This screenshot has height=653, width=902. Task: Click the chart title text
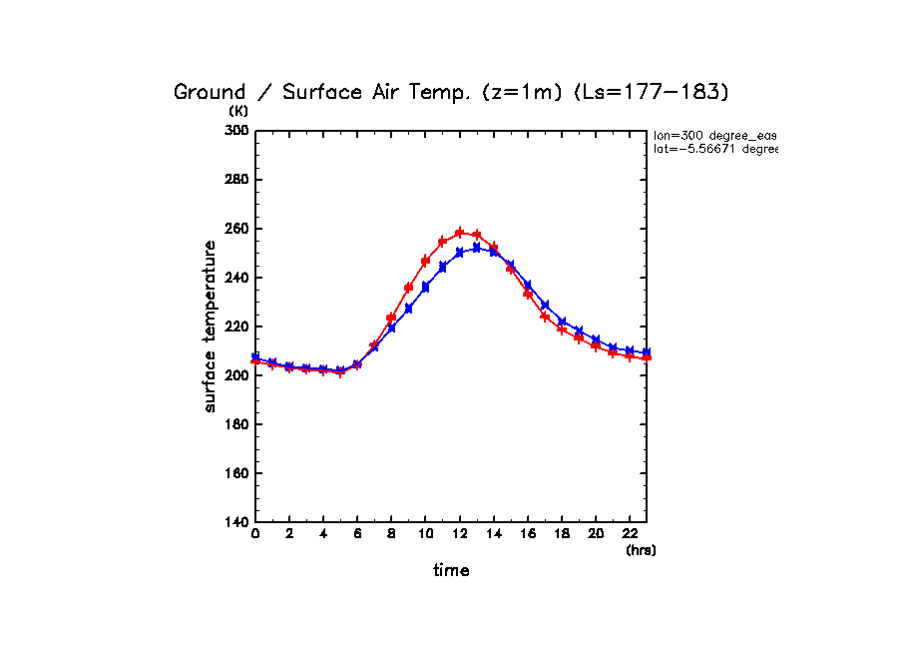452,93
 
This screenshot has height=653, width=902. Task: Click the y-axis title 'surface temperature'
211,326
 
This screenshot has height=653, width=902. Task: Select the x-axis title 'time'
451,571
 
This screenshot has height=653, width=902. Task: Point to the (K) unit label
238,111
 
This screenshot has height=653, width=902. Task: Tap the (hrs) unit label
641,550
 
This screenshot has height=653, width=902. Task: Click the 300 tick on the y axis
236,131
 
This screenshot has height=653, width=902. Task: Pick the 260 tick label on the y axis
236,229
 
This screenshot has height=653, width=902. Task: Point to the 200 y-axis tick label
236,375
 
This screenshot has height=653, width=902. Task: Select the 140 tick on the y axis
236,522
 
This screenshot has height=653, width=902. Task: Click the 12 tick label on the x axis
459,536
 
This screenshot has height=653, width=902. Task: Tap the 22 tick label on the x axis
629,536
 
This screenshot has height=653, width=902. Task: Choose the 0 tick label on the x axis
255,536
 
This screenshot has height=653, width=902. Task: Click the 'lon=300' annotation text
714,135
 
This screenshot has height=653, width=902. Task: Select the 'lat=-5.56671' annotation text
714,149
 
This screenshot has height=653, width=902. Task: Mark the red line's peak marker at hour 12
459,233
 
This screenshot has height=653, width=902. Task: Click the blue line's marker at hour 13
476,248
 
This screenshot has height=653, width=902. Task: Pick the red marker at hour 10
425,262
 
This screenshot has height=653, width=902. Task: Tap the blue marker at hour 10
425,288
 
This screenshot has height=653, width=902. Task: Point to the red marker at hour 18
561,329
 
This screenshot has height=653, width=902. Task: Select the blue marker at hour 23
646,352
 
